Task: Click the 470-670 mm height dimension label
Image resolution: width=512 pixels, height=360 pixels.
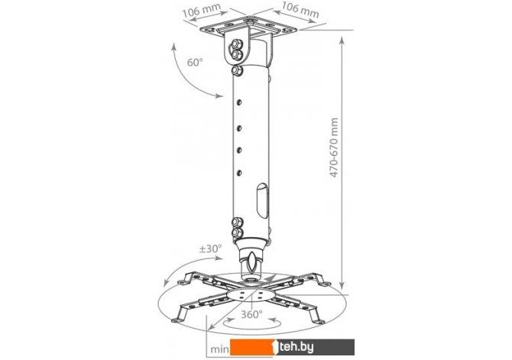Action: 334,148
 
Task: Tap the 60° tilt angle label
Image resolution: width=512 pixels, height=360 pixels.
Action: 195,62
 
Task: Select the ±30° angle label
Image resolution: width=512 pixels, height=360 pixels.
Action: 210,248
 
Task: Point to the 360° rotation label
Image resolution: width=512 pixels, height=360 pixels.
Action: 251,314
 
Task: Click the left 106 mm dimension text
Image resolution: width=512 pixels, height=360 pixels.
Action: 202,11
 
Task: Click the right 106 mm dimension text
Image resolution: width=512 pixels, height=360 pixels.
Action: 300,9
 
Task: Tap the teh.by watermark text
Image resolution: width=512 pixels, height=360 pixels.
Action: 297,347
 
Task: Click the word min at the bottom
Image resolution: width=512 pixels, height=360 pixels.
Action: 220,349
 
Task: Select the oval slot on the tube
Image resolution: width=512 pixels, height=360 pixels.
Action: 262,200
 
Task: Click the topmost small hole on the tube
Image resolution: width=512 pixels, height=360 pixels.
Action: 239,102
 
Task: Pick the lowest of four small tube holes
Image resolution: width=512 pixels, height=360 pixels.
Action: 239,173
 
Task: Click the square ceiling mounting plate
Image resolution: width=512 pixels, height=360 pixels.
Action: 249,27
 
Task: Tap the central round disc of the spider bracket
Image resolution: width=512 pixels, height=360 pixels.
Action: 250,295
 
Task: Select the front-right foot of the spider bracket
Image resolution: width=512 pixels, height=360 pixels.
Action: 317,316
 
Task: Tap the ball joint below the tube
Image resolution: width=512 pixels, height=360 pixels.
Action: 251,260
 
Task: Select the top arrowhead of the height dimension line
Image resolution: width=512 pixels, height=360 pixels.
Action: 342,41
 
